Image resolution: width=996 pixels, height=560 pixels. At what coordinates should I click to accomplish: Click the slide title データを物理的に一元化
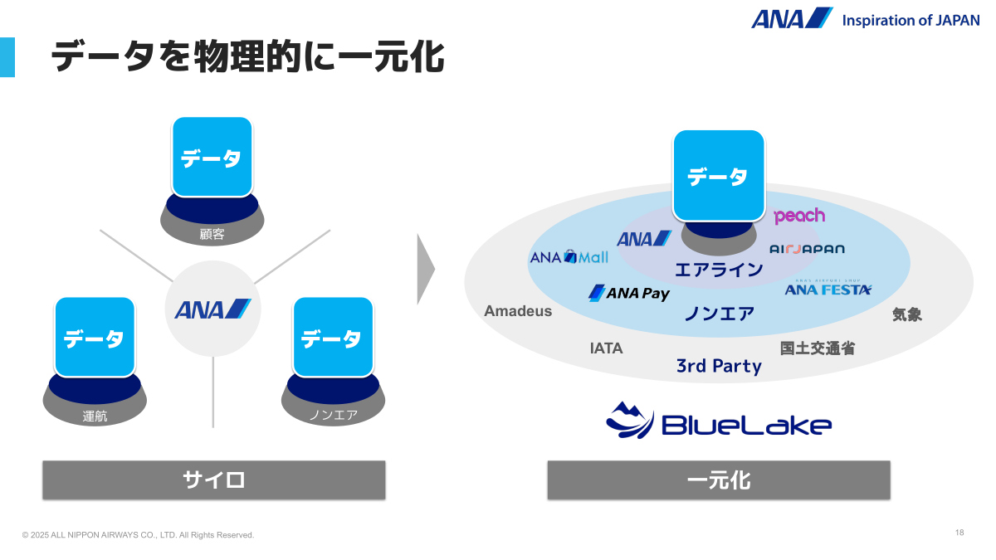pyautogui.click(x=247, y=58)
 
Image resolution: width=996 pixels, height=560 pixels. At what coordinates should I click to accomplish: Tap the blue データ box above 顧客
pyautogui.click(x=212, y=157)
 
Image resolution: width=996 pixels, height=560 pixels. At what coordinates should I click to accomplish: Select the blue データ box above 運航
pyautogui.click(x=95, y=337)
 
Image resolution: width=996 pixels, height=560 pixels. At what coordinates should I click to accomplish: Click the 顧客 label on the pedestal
pyautogui.click(x=212, y=234)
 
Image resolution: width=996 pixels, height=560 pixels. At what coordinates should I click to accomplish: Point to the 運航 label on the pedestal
pyautogui.click(x=95, y=416)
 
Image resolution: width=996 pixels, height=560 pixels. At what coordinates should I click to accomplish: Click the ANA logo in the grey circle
pyautogui.click(x=212, y=309)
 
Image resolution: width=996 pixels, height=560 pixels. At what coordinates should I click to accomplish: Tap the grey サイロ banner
pyautogui.click(x=214, y=480)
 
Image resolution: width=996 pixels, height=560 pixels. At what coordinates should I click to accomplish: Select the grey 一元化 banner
pyautogui.click(x=719, y=480)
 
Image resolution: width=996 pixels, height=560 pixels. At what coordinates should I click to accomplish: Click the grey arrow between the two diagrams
pyautogui.click(x=425, y=269)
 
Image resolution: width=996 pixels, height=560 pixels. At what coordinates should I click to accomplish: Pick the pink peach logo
pyautogui.click(x=799, y=216)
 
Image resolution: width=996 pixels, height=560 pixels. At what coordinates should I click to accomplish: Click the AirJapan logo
pyautogui.click(x=807, y=249)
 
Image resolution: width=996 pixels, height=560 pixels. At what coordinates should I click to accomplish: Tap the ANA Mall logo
pyautogui.click(x=569, y=257)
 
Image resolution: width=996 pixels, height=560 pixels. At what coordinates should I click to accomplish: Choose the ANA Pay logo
pyautogui.click(x=628, y=293)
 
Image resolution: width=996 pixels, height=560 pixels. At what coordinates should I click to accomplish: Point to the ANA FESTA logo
pyautogui.click(x=828, y=289)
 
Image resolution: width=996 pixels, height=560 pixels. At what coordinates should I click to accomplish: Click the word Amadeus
pyautogui.click(x=518, y=311)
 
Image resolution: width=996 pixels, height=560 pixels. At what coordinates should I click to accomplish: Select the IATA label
pyautogui.click(x=606, y=348)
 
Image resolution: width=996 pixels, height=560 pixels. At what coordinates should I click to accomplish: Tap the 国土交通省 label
pyautogui.click(x=817, y=348)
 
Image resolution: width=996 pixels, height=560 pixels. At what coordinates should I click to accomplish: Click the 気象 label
pyautogui.click(x=906, y=314)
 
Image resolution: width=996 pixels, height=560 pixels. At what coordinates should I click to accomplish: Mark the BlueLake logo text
pyautogui.click(x=746, y=426)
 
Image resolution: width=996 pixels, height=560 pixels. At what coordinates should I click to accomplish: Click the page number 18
pyautogui.click(x=959, y=533)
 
